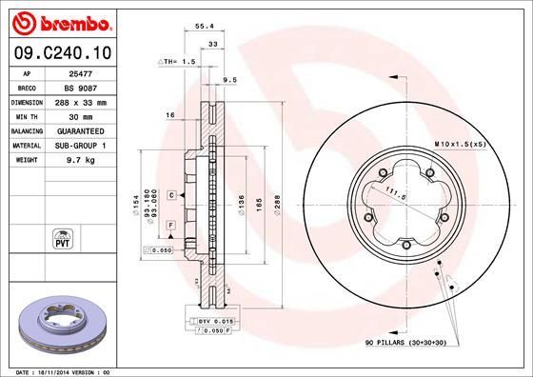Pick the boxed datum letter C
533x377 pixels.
point(170,194)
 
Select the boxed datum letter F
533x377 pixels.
point(169,223)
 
